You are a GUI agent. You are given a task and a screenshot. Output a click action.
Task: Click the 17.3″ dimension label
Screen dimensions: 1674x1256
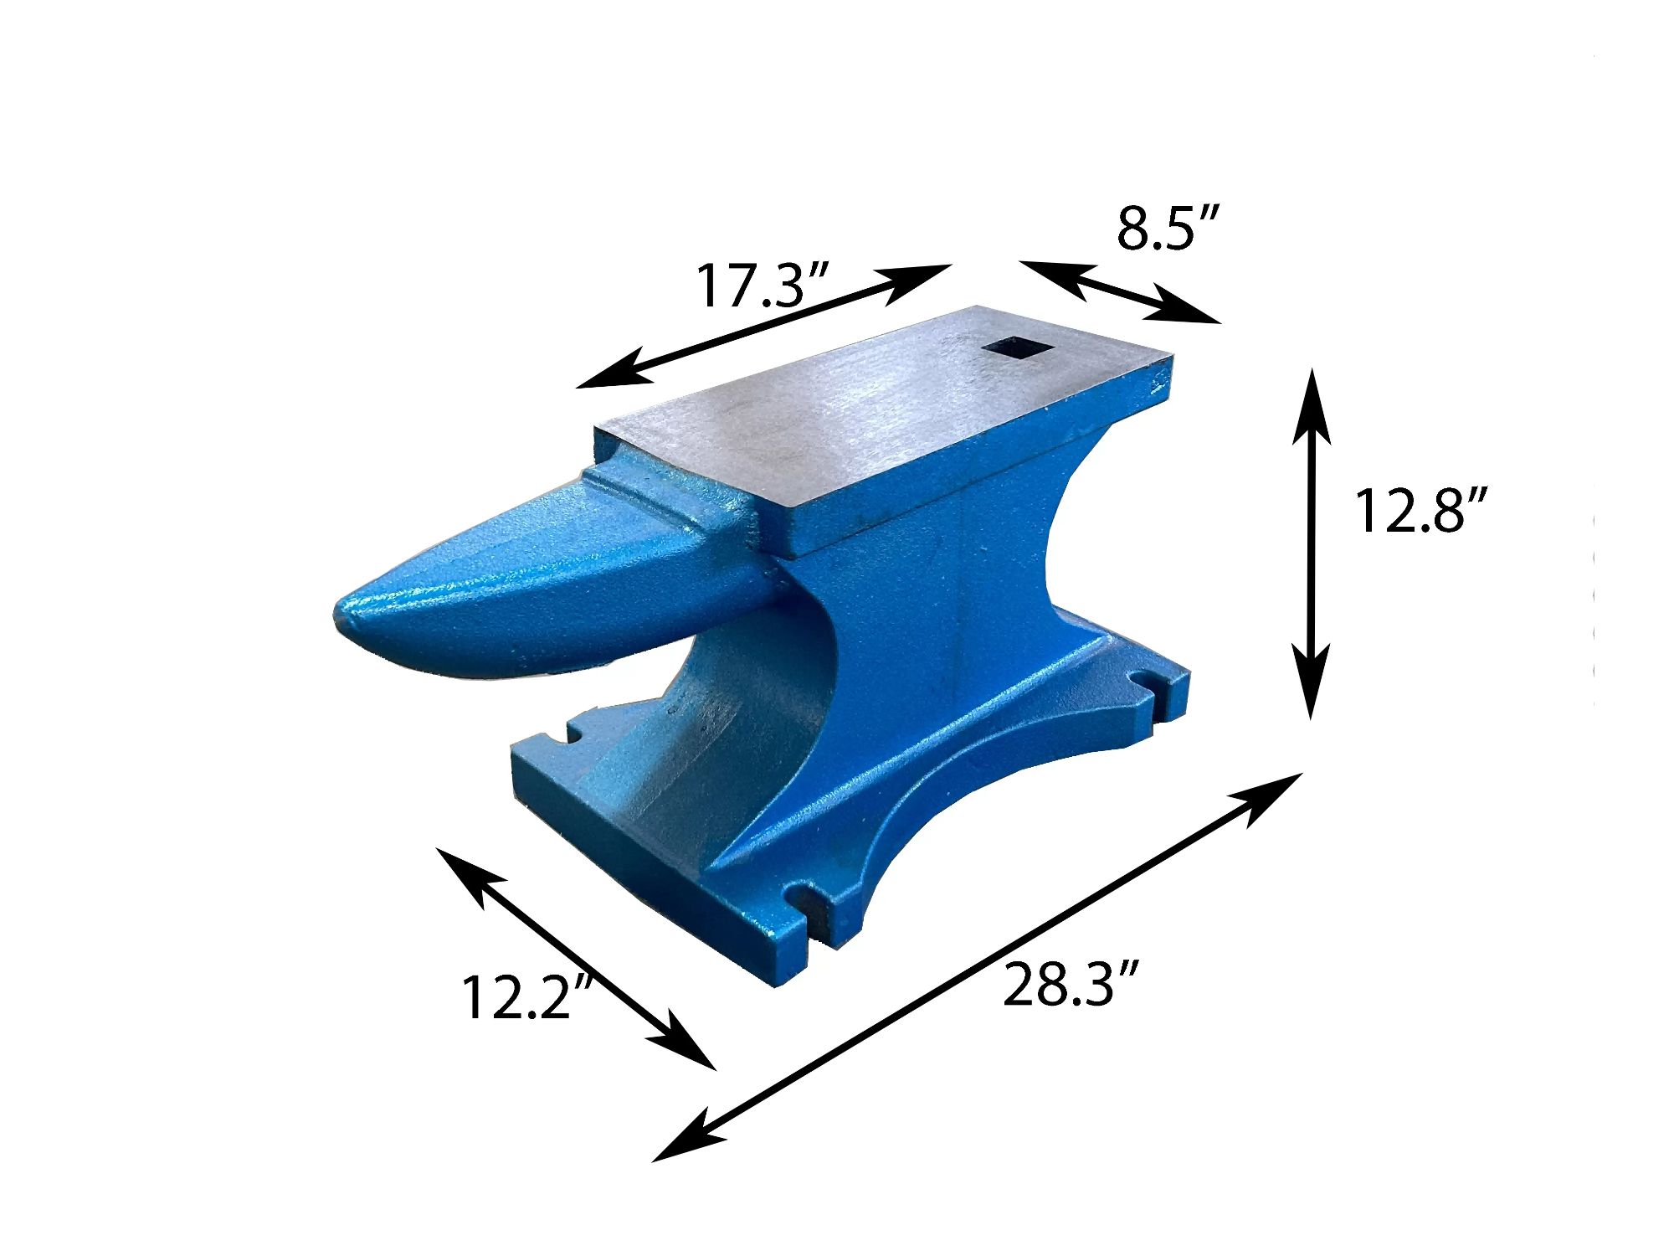762,286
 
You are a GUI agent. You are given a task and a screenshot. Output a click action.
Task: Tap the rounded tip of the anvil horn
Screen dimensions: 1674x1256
341,615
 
